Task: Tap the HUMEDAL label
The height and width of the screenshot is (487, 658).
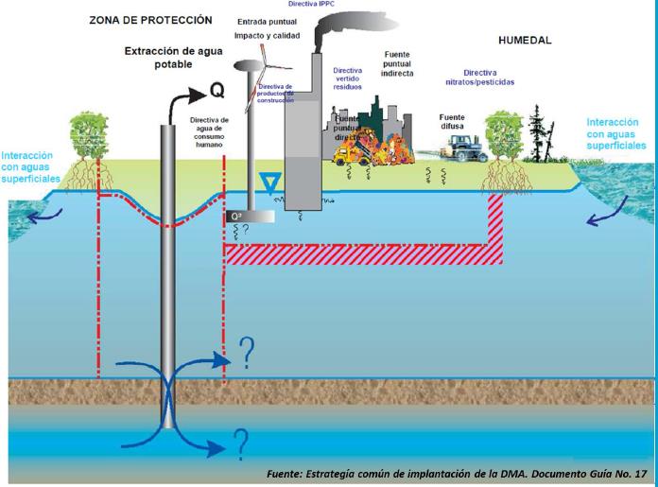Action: click(524, 41)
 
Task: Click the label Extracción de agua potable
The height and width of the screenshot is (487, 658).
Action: click(159, 57)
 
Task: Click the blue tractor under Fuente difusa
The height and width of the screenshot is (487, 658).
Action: click(460, 146)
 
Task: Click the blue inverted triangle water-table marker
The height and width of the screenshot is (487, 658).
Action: click(271, 183)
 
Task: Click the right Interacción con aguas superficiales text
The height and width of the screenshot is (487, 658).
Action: click(616, 134)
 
